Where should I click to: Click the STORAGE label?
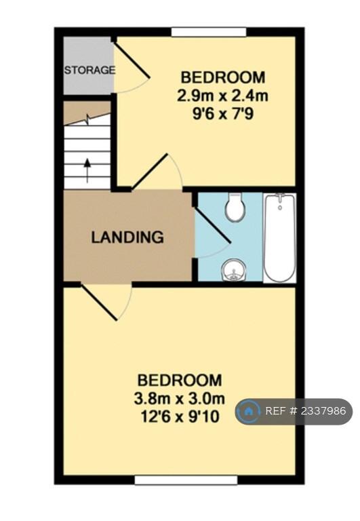89,70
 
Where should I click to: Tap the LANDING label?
127,237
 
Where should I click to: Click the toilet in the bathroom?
235,207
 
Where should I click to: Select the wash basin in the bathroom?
235,270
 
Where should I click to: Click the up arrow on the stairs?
87,170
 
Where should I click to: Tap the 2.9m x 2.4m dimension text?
222,96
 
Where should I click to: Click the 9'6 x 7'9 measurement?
223,114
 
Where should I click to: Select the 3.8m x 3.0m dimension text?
180,398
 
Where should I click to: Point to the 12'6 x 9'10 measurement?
180,417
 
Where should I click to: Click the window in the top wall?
209,32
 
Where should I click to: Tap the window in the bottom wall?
186,480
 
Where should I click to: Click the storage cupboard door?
132,60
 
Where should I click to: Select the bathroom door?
212,225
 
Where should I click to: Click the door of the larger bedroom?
99,303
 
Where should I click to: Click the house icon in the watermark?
247,411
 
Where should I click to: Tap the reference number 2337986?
323,411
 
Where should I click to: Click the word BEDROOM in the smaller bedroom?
223,77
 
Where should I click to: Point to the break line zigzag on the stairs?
87,119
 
